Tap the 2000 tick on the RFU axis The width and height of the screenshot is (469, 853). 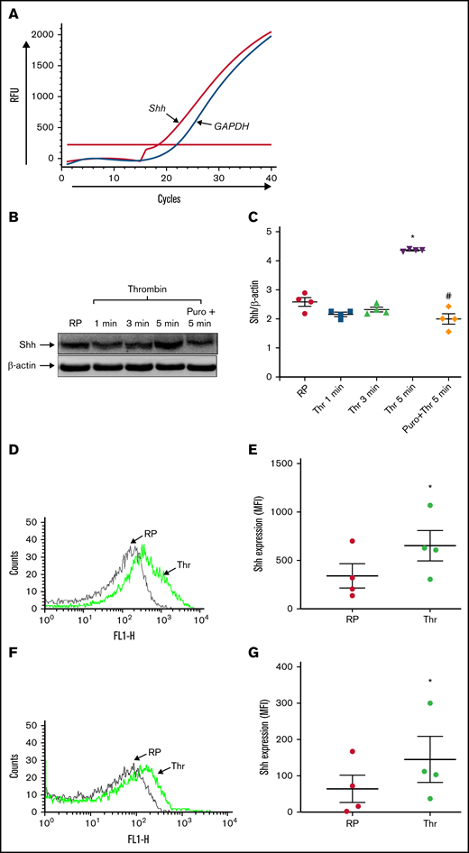click(44, 33)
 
